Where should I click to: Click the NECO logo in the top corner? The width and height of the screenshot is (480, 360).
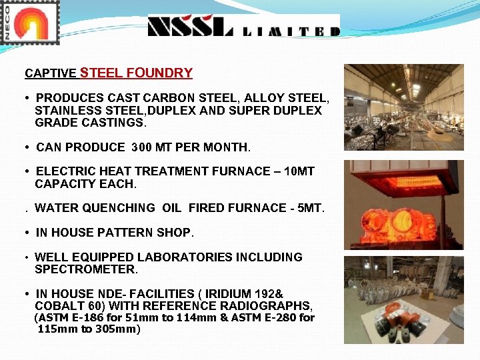(x=30, y=23)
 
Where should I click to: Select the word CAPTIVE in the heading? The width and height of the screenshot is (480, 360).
(x=50, y=73)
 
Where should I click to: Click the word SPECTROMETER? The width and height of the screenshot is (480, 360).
(x=86, y=269)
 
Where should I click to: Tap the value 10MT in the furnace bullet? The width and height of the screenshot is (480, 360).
(x=299, y=171)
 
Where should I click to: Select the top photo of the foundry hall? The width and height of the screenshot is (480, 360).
(x=403, y=107)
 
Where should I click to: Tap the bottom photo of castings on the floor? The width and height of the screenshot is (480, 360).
(x=403, y=300)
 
